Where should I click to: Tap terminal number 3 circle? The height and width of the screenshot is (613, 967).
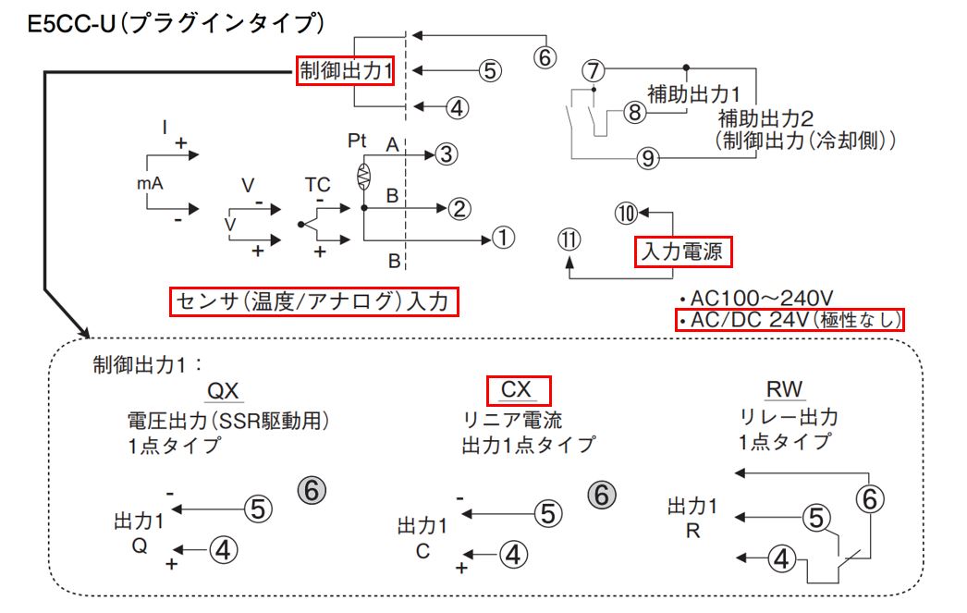pos(447,153)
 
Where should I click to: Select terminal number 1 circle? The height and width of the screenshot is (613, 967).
pos(503,239)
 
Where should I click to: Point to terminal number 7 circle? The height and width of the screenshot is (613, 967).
pos(594,70)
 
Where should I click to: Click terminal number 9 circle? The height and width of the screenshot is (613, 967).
pos(648,158)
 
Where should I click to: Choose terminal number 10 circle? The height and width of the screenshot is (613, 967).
pos(627,214)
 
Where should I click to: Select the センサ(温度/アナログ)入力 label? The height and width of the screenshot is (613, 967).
pos(314,302)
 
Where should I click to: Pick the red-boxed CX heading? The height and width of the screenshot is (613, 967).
pos(519,389)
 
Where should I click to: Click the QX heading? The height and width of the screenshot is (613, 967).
pos(224,390)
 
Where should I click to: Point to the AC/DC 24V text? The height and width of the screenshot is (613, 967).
pos(790,320)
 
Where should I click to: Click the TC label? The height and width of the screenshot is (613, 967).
pos(317,185)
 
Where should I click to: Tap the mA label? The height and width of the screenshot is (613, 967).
pos(150,184)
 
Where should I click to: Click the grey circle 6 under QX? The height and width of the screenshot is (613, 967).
pos(312,490)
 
